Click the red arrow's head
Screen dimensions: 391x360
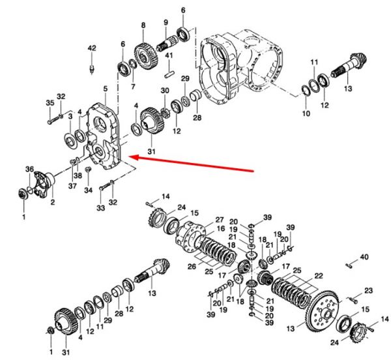(x=134, y=157)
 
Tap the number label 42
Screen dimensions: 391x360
(x=92, y=48)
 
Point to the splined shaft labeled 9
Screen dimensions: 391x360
(x=167, y=44)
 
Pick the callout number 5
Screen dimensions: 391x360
(x=106, y=88)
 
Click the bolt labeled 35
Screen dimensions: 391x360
(x=53, y=121)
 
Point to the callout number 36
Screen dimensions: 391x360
(x=29, y=169)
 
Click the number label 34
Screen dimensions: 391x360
(x=88, y=190)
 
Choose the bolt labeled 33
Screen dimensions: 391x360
(x=105, y=186)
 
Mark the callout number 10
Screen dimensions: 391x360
(x=306, y=113)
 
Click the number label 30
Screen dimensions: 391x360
(x=165, y=90)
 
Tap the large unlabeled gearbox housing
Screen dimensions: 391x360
(x=241, y=67)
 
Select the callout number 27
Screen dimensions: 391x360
(x=220, y=220)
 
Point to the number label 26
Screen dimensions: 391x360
(x=192, y=267)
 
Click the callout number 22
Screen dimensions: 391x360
(x=319, y=276)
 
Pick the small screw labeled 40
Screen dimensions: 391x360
(x=349, y=265)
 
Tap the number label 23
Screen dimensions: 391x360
(x=369, y=291)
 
